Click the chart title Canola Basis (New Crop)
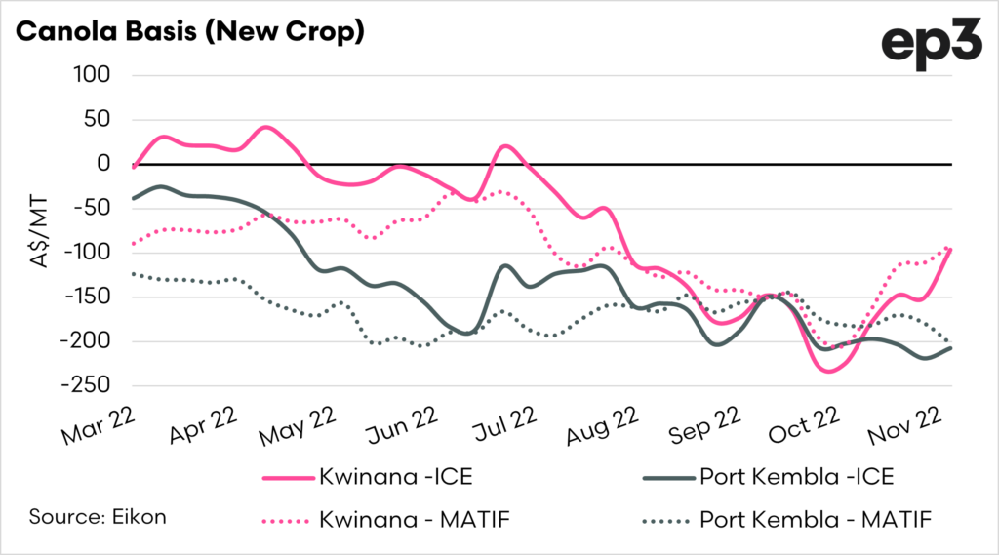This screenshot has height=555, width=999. point(190,31)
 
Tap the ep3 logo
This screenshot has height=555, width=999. point(931,44)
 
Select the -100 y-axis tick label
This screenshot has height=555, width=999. point(85,253)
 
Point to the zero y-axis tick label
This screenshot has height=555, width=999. point(100,164)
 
